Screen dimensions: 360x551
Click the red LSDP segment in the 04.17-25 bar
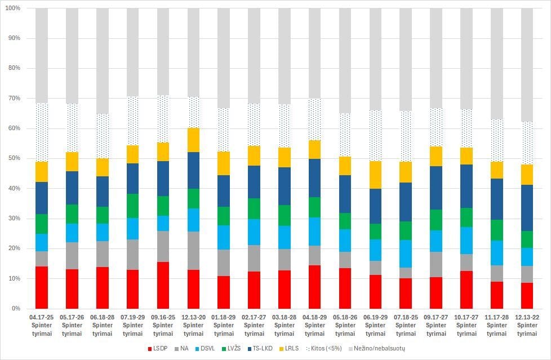click(42, 287)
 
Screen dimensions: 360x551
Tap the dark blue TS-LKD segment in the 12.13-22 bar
click(527, 207)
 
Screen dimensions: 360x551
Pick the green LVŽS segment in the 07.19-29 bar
click(132, 206)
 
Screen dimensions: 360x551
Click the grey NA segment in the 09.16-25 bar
click(163, 246)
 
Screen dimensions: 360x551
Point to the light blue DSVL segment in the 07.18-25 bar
click(406, 254)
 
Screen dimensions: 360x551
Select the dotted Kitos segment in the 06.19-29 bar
click(375, 135)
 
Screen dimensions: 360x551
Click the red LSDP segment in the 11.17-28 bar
click(497, 295)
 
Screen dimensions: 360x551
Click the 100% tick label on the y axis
click(12, 8)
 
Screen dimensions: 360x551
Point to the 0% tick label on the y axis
click(15, 309)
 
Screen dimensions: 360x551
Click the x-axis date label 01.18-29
click(224, 318)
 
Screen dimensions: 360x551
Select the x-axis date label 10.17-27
click(466, 318)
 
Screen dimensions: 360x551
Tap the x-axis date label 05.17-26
click(72, 318)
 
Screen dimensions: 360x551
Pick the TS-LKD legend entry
click(260, 348)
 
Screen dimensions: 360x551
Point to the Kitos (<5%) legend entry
click(324, 348)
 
